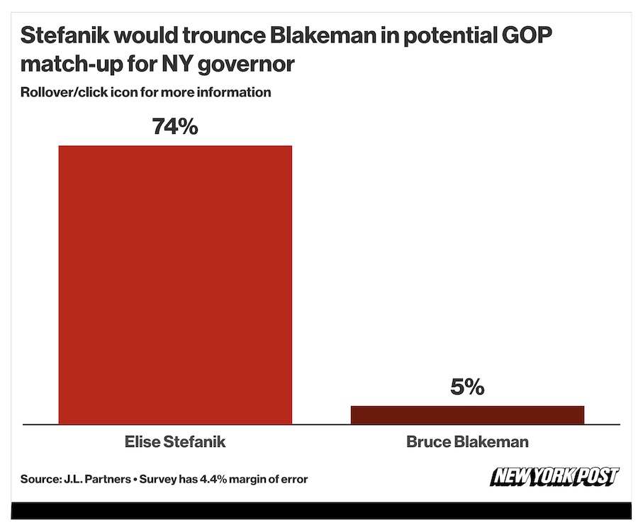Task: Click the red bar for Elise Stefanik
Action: point(174,284)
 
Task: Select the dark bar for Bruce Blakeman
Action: point(467,415)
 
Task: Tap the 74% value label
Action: point(174,128)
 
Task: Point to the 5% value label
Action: point(467,388)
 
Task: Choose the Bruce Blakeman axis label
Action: point(467,442)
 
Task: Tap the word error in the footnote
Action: point(293,480)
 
